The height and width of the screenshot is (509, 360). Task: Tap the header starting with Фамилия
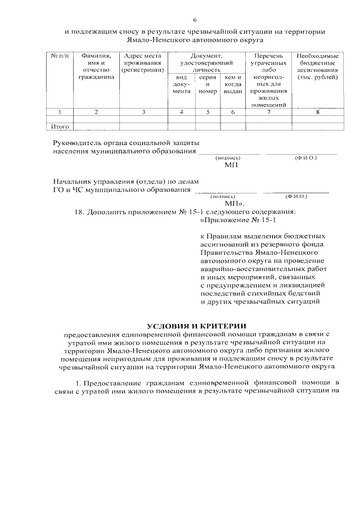96,66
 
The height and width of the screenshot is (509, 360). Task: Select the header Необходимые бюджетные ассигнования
317,66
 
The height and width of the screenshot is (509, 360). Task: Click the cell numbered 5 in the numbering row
207,112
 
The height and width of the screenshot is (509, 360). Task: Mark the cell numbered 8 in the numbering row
317,112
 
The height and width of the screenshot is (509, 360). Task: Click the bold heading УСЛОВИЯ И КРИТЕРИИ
197,326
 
